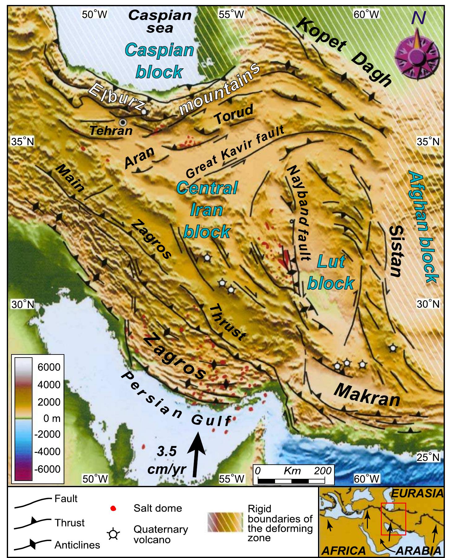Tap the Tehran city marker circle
[123, 122]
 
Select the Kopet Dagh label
[343, 53]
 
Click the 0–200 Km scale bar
[291, 481]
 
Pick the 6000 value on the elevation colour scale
[49, 367]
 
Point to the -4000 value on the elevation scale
[47, 452]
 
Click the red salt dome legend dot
[113, 509]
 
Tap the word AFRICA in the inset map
[343, 551]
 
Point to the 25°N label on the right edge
[428, 457]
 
